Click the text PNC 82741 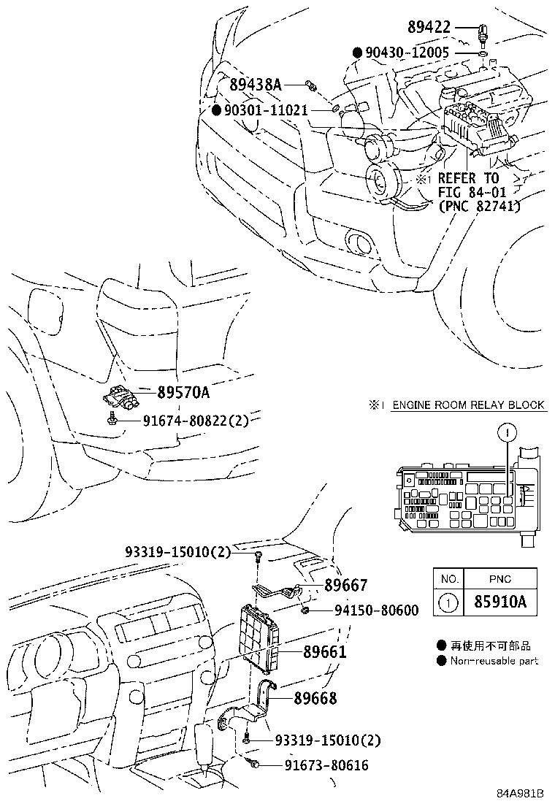pos(478,207)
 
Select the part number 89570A pos(183,393)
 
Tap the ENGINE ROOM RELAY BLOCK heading pos(468,405)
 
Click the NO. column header pos(451,578)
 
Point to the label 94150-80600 pos(377,610)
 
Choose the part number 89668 pos(315,698)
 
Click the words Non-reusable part pos(494,661)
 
